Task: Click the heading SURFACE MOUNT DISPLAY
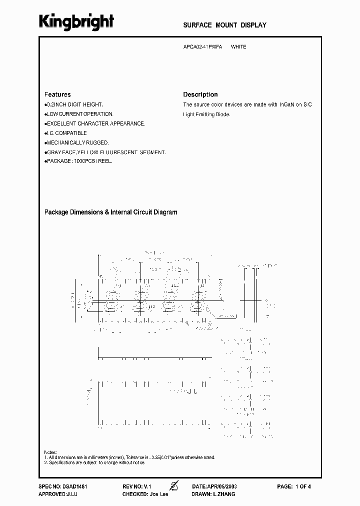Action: pyautogui.click(x=224, y=25)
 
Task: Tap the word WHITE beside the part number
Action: pyautogui.click(x=238, y=47)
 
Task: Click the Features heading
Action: pyautogui.click(x=57, y=94)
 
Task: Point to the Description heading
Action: pyautogui.click(x=200, y=94)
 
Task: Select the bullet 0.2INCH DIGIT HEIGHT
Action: pyautogui.click(x=74, y=104)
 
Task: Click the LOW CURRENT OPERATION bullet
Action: pyautogui.click(x=79, y=114)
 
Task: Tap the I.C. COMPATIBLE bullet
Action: pyautogui.click(x=66, y=133)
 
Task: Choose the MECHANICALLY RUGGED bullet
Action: pyautogui.click(x=77, y=142)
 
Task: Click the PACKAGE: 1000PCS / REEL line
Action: pyautogui.click(x=79, y=161)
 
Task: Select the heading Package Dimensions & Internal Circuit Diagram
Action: pyautogui.click(x=111, y=212)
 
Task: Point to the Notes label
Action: pyautogui.click(x=50, y=451)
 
